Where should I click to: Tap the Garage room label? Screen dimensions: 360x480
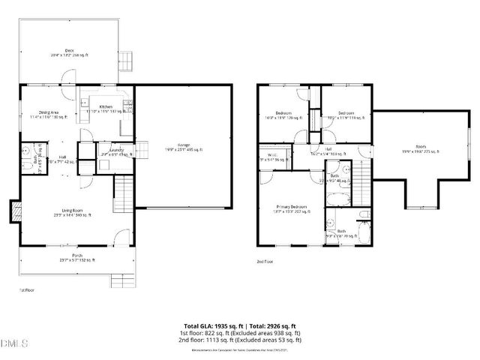pyautogui.click(x=181, y=146)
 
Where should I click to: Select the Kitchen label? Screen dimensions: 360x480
pyautogui.click(x=106, y=108)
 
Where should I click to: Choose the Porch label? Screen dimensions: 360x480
pyautogui.click(x=76, y=256)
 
